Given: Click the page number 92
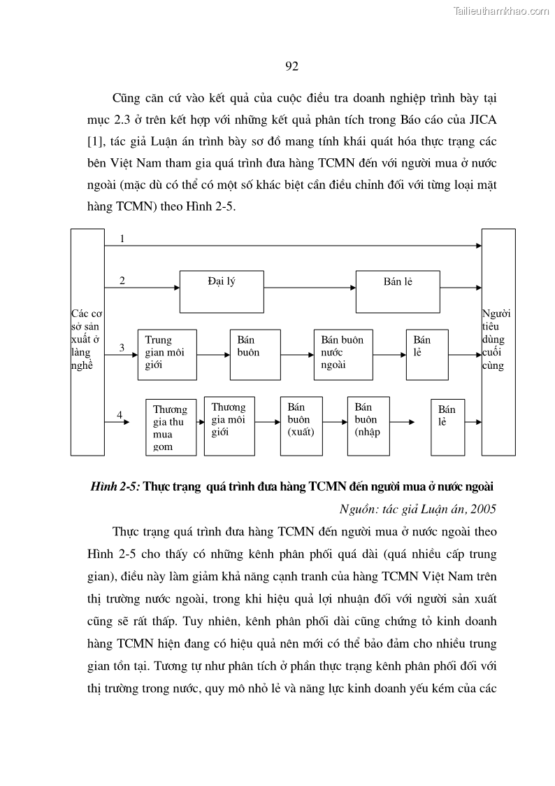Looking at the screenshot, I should (292, 66).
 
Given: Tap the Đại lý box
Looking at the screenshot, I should (221, 291).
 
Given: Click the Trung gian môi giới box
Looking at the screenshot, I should (167, 355).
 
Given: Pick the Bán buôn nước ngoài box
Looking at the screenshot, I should (343, 355).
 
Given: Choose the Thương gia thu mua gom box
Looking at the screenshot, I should (171, 427).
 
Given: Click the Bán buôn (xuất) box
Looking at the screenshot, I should (302, 426).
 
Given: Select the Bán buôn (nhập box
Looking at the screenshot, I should (368, 426).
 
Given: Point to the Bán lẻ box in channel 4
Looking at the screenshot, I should (448, 427).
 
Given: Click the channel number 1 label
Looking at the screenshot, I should (122, 239).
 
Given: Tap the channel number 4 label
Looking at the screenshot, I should (120, 415).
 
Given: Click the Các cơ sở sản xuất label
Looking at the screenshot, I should (87, 339).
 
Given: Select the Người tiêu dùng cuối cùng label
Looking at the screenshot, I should (498, 339).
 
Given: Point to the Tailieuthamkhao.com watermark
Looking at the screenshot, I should (501, 10).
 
